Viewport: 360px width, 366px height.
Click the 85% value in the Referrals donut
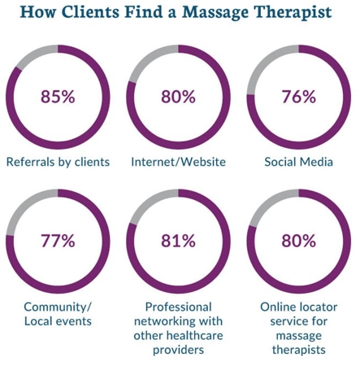coord(58,97)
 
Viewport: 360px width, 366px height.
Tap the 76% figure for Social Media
coord(298,97)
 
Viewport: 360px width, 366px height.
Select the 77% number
coord(58,241)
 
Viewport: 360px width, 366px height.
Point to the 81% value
coord(178,241)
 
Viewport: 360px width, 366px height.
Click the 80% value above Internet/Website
coord(178,97)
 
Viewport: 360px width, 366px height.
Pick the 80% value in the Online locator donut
coord(298,241)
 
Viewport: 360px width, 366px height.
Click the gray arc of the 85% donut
coord(34,53)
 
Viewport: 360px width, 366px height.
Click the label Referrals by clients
coord(58,162)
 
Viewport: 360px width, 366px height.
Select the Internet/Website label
coord(178,162)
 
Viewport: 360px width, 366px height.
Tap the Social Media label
coord(298,162)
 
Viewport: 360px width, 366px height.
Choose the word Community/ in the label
coord(58,307)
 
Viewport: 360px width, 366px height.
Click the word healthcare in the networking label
coord(194,336)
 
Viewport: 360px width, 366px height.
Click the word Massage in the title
coord(215,12)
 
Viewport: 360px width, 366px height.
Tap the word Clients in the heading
coord(92,12)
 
